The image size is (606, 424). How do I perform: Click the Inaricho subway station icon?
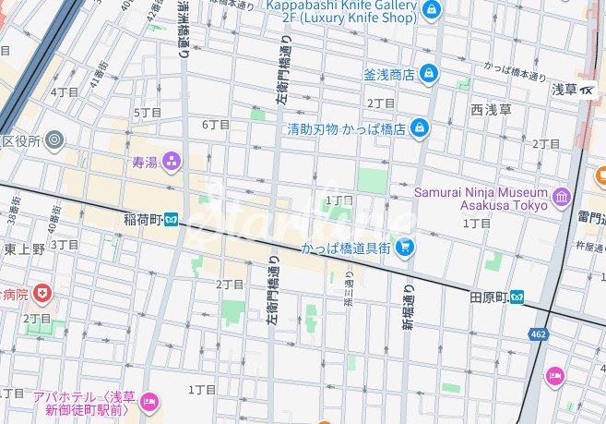click(x=172, y=220)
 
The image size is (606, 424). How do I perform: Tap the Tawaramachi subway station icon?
click(x=521, y=297)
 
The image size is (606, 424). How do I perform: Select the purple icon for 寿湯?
click(x=172, y=163)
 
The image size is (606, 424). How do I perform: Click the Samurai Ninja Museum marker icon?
click(x=562, y=198)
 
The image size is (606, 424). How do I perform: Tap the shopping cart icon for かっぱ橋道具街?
click(x=404, y=248)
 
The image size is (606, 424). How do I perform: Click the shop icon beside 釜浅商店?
click(x=428, y=73)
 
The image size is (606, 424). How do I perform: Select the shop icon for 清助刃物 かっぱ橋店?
click(x=420, y=127)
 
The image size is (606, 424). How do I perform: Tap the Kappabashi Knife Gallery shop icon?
click(x=431, y=9)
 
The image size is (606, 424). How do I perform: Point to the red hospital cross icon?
click(x=42, y=294)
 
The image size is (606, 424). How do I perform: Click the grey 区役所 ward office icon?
click(x=55, y=141)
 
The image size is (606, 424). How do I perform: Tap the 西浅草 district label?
click(x=490, y=110)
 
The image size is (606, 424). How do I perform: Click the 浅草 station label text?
click(x=564, y=90)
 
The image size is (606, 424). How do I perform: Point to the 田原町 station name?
click(x=490, y=297)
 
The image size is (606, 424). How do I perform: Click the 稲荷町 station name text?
click(x=142, y=220)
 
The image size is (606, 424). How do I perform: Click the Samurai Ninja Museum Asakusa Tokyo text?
click(x=480, y=199)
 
